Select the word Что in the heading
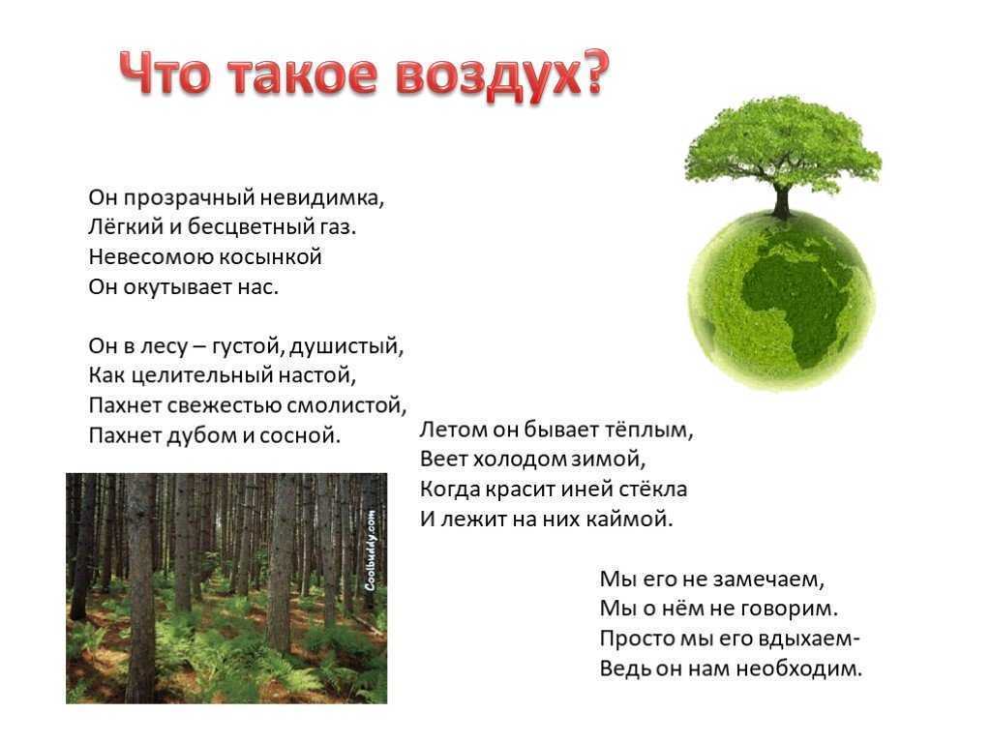pyautogui.click(x=165, y=74)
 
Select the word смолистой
pyautogui.click(x=347, y=405)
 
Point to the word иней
pyautogui.click(x=588, y=489)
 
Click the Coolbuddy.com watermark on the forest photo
pyautogui.click(x=371, y=550)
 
